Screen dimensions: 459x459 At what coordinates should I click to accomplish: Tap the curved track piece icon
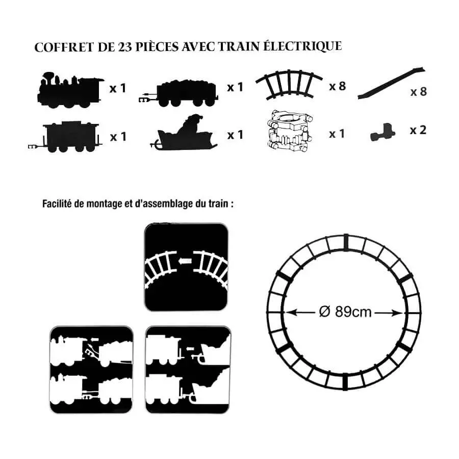pyautogui.click(x=289, y=84)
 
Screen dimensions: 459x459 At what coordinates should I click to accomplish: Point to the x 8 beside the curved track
pyautogui.click(x=337, y=86)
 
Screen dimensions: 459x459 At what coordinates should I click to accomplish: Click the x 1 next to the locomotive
pyautogui.click(x=117, y=88)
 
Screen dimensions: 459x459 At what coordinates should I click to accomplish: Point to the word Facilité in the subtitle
pyautogui.click(x=57, y=204)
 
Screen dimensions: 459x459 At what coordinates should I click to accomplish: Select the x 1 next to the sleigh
pyautogui.click(x=235, y=135)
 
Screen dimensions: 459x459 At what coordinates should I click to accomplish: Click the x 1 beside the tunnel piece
pyautogui.click(x=337, y=134)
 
